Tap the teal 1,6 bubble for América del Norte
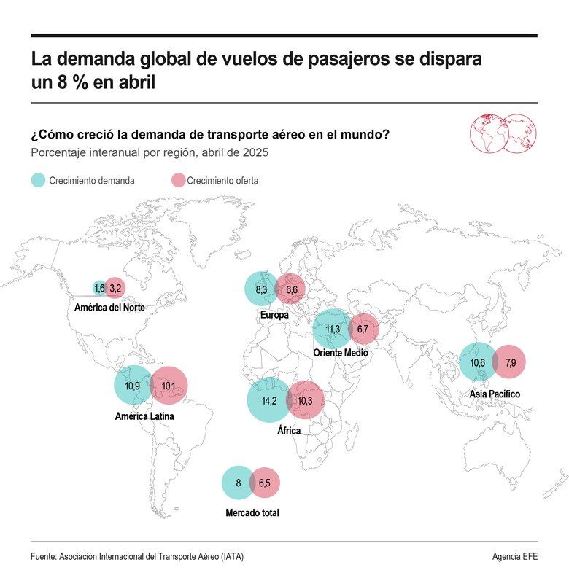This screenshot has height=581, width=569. point(99,289)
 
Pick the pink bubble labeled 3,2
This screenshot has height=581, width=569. point(115,289)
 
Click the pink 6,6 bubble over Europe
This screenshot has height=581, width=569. point(292,289)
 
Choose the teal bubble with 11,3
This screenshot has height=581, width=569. point(333,329)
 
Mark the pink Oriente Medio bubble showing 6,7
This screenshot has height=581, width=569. point(364,330)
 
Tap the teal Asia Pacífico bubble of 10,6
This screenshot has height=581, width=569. point(478,362)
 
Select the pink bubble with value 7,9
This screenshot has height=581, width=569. point(510,362)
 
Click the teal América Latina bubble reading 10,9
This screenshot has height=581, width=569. point(133,384)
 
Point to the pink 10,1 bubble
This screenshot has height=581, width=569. point(169,385)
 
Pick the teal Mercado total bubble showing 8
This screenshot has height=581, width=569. point(238,483)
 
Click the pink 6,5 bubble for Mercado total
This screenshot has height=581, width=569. point(265,483)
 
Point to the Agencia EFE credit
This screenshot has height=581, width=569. point(514,556)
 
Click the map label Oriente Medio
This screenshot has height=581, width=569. point(340,353)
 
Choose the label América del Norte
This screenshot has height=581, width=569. point(109,308)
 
